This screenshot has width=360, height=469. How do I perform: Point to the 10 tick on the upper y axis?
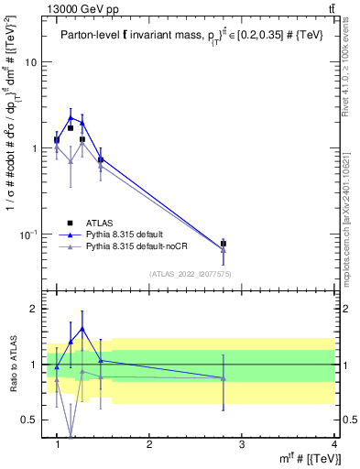click(x=31, y=62)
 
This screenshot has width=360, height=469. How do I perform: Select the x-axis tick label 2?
click(x=149, y=445)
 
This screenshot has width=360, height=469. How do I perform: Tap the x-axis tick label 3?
click(x=242, y=445)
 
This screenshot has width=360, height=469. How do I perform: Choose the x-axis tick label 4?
click(x=333, y=445)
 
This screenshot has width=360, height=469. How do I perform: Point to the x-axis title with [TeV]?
click(x=311, y=460)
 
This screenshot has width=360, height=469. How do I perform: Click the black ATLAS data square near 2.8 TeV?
click(x=224, y=244)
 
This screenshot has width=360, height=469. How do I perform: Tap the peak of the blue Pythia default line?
click(x=71, y=117)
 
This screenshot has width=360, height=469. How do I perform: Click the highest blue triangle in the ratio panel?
click(x=82, y=328)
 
